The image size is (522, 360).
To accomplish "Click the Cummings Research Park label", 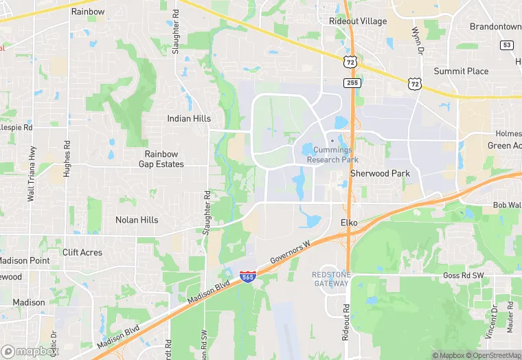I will point(332,155).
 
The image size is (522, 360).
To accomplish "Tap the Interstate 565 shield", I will point(248,277).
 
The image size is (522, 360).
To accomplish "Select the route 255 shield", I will point(352,82).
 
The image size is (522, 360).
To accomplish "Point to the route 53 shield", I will point(507,45).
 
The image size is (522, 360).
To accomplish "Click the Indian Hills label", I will point(189,119).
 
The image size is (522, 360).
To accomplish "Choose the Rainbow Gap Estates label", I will point(161,159).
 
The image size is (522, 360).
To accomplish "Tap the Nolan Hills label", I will point(137,220).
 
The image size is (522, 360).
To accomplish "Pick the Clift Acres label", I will point(82,252).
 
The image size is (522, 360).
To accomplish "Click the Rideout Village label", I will point(357,21).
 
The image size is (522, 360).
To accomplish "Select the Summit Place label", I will point(461,71).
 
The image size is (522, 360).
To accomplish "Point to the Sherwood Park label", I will point(380,174).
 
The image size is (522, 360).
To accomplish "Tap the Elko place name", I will point(350,223).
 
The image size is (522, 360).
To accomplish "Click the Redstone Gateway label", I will point(331,278).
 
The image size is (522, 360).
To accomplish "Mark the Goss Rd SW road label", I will point(464,275).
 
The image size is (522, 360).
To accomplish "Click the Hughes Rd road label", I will point(67,159).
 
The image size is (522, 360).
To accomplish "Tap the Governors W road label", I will point(291,252).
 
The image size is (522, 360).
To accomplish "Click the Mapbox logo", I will point(31,351).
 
